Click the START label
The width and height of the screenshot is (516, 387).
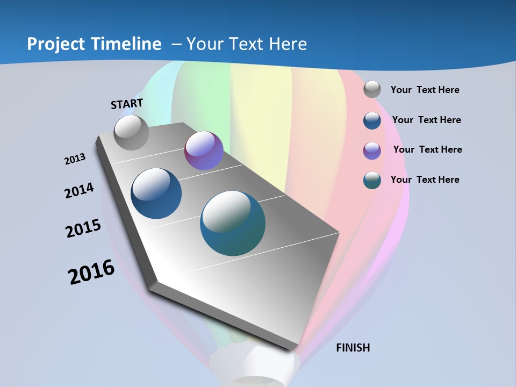(x=127, y=103)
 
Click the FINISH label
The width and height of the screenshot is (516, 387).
(x=353, y=348)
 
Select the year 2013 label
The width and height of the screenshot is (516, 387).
(x=75, y=159)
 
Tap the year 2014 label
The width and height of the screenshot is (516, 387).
(x=79, y=190)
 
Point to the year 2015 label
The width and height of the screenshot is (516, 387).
(x=83, y=228)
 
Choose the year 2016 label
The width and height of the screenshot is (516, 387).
(x=91, y=272)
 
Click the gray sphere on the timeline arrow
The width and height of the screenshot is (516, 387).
(x=131, y=133)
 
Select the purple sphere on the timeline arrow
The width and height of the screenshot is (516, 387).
(x=204, y=150)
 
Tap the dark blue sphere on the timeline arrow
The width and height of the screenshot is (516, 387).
(x=156, y=193)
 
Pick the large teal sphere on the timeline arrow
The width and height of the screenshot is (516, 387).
(x=233, y=223)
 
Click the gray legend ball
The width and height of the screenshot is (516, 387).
(x=372, y=90)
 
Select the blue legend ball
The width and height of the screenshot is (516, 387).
(x=372, y=120)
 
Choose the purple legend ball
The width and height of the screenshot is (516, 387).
(x=372, y=150)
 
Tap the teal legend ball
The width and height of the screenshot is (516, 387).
(x=372, y=180)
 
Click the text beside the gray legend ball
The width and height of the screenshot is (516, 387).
(x=425, y=90)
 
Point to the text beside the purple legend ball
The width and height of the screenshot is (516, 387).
(x=427, y=149)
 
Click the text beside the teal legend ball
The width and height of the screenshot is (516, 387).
(x=425, y=180)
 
